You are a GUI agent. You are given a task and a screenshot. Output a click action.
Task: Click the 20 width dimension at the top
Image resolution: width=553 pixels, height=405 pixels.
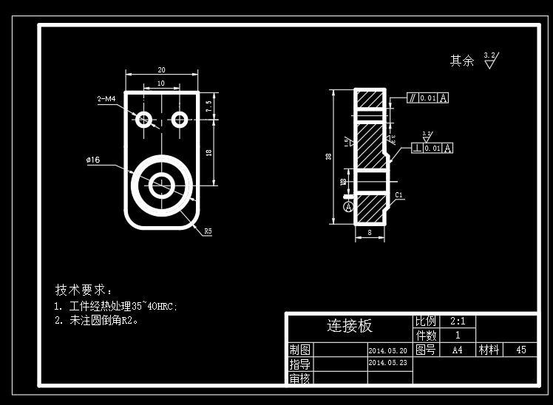click(x=161, y=69)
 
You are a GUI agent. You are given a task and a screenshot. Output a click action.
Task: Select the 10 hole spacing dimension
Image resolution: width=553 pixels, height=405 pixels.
click(x=161, y=84)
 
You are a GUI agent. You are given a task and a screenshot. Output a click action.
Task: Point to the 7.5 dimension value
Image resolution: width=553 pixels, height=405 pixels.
click(x=209, y=106)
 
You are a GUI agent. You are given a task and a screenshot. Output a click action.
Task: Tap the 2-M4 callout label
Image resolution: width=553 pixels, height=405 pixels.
click(x=106, y=98)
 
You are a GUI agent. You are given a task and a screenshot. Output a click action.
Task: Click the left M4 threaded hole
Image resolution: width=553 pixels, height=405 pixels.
click(x=143, y=118)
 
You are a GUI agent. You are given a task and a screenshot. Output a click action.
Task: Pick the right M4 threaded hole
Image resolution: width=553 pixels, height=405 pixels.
click(x=180, y=118)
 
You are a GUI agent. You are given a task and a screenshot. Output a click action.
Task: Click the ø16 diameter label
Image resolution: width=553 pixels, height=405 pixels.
click(x=93, y=160)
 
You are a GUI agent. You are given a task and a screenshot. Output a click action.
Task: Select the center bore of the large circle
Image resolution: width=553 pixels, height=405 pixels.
click(x=161, y=185)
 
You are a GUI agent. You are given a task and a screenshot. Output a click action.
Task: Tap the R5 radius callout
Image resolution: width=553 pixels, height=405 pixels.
click(x=208, y=231)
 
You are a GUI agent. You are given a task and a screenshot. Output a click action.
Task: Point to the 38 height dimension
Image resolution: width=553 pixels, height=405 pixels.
click(x=328, y=157)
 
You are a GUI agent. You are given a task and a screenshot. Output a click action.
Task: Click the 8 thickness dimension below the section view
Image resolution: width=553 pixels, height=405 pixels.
click(x=370, y=233)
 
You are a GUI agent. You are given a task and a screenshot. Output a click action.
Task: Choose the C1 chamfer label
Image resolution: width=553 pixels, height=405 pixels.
click(x=398, y=195)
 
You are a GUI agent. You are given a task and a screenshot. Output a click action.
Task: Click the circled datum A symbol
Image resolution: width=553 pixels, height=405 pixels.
click(x=349, y=208)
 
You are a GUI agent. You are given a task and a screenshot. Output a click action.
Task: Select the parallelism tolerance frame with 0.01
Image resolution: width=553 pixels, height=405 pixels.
click(x=427, y=98)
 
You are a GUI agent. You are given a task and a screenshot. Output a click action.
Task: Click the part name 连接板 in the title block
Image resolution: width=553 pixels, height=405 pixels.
click(x=350, y=326)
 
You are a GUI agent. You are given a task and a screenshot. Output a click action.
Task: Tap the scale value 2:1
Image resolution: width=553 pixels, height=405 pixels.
click(x=457, y=321)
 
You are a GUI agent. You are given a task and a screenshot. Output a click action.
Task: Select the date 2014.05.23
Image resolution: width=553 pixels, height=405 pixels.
click(x=387, y=363)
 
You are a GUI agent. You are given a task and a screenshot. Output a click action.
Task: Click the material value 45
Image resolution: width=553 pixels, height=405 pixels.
click(x=520, y=350)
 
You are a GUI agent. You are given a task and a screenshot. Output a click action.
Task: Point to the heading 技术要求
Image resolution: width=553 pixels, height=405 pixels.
click(x=84, y=289)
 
